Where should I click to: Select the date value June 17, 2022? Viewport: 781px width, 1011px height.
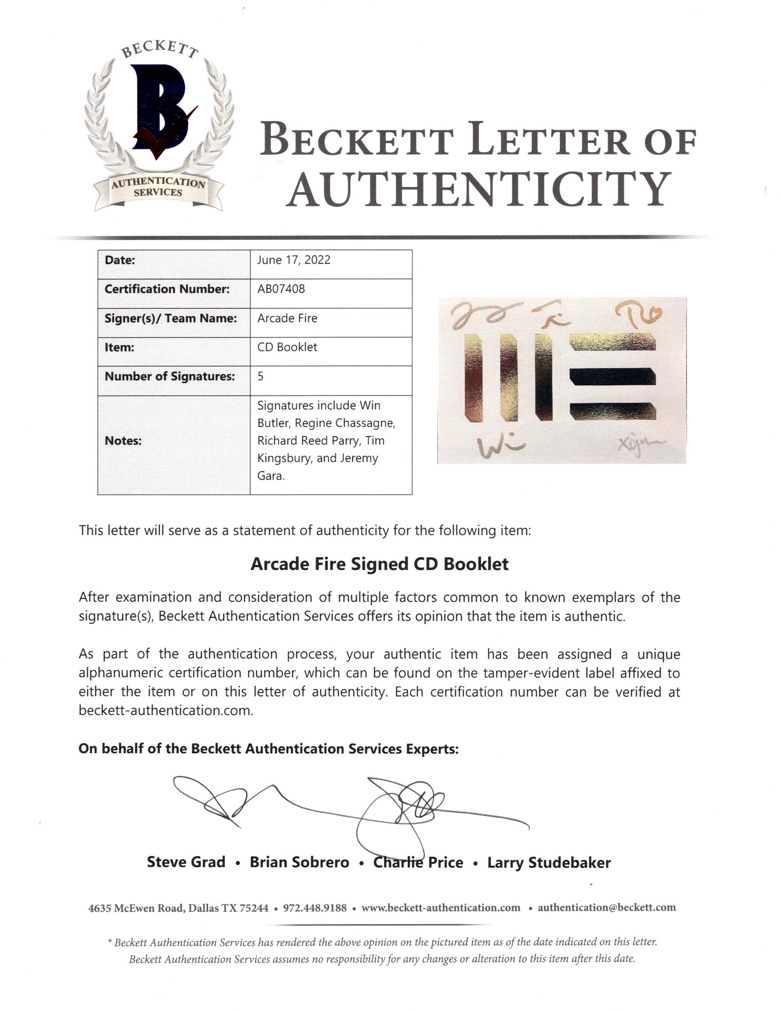click(x=294, y=260)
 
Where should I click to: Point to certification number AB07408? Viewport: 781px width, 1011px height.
click(x=281, y=289)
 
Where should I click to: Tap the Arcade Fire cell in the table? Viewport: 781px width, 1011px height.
click(x=287, y=318)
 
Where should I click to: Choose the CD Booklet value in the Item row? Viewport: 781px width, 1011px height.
click(x=287, y=347)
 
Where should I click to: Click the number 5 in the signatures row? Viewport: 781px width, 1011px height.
click(x=261, y=376)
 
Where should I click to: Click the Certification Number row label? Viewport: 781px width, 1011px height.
click(x=167, y=289)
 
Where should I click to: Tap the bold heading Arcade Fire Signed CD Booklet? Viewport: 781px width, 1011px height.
click(x=380, y=564)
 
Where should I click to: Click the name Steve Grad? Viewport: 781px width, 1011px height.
click(x=186, y=862)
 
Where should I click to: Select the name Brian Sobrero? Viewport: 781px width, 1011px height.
click(x=299, y=862)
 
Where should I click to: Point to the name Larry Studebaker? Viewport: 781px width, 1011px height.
click(x=549, y=862)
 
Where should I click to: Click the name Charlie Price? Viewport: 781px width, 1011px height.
click(x=418, y=862)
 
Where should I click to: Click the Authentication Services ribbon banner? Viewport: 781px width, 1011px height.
click(x=158, y=187)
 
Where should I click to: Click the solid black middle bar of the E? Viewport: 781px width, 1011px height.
click(x=612, y=376)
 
